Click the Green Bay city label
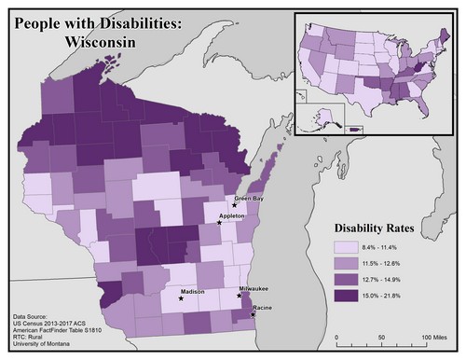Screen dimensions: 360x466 point(249,198)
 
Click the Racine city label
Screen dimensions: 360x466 point(263,307)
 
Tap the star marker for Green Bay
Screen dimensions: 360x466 point(235,205)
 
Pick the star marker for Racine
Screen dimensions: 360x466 point(253,314)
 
